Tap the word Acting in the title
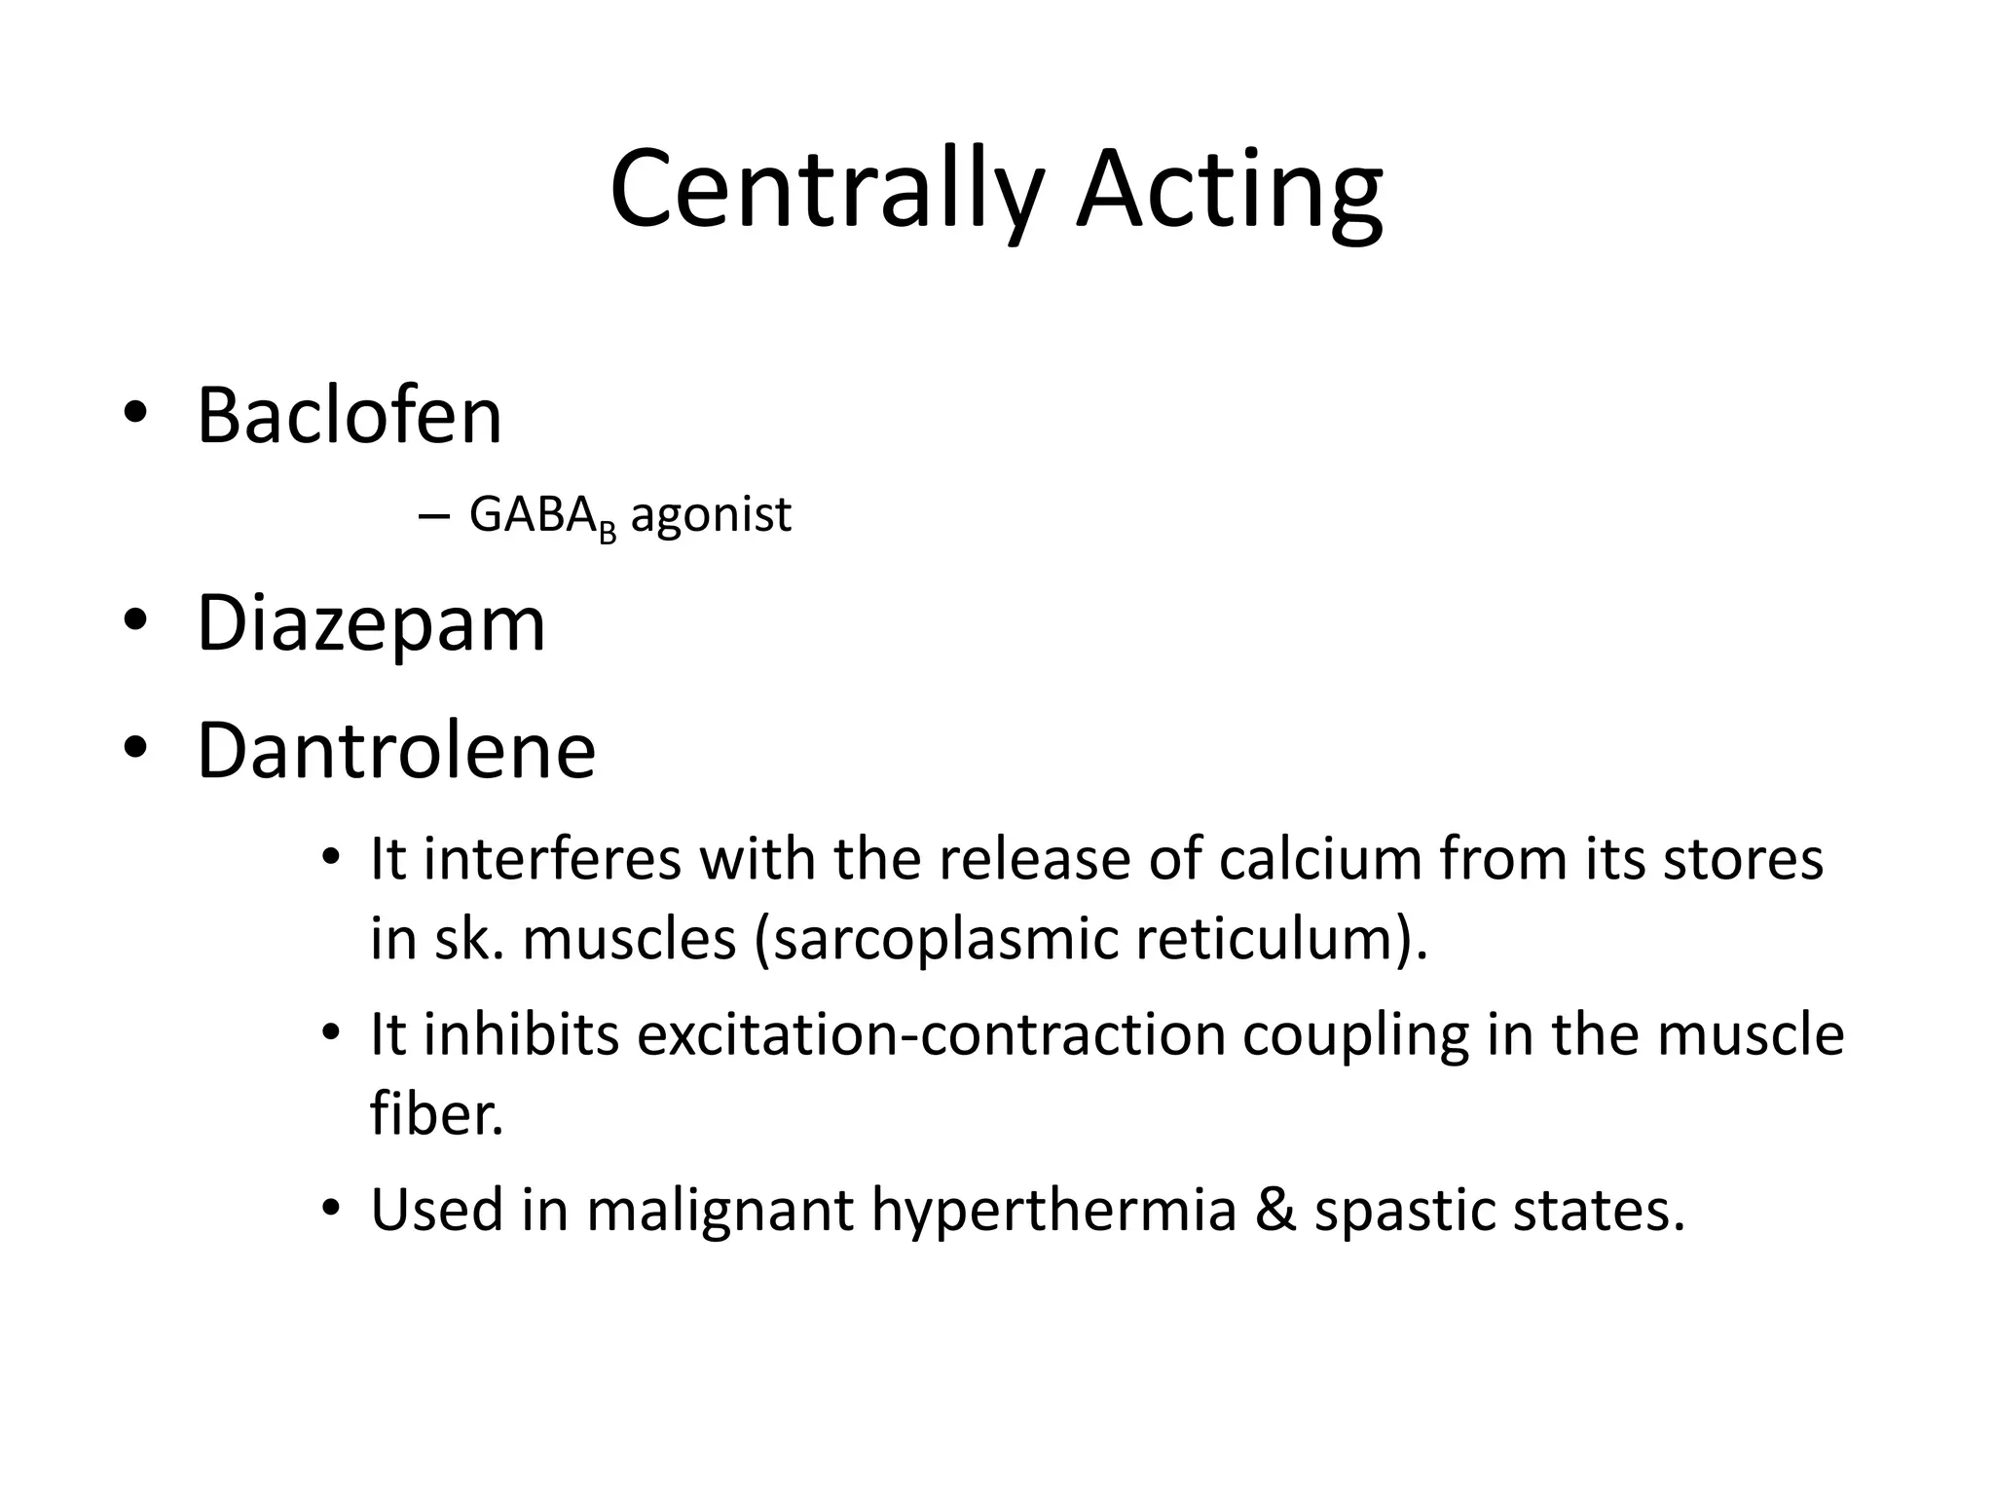click(x=1229, y=190)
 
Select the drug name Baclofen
click(x=349, y=416)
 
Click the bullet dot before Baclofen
click(x=134, y=413)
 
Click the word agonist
click(x=711, y=515)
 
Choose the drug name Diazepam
click(x=371, y=623)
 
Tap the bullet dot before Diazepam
click(x=134, y=620)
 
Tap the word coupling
click(x=1355, y=1036)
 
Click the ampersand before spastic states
click(x=1275, y=1210)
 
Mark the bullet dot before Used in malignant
click(x=331, y=1209)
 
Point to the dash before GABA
click(x=432, y=517)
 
